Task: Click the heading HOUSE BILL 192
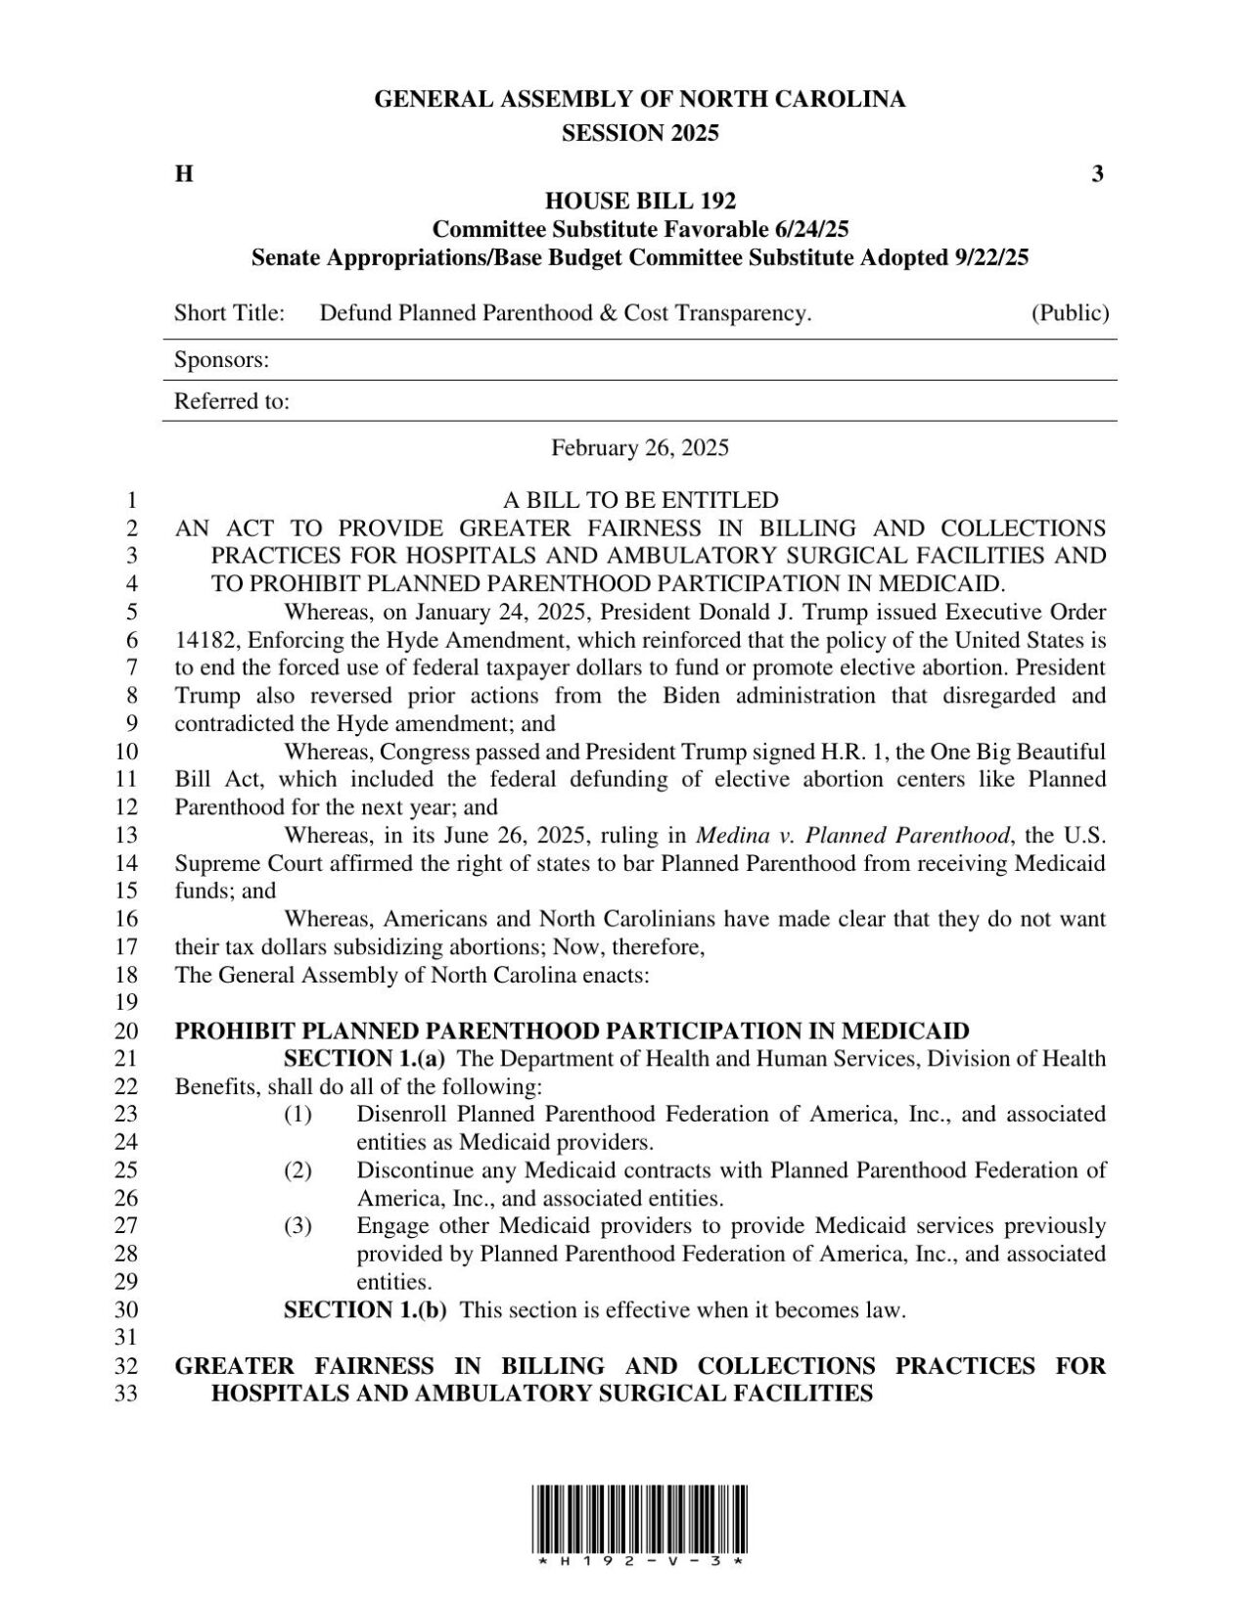click(x=640, y=202)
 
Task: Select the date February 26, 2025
click(x=640, y=448)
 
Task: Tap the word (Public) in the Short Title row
click(x=1070, y=313)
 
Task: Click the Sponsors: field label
click(x=221, y=360)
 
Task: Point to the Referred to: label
click(x=231, y=401)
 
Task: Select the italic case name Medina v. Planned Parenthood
click(x=851, y=836)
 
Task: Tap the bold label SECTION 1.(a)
click(x=364, y=1059)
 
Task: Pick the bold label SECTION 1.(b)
click(x=364, y=1310)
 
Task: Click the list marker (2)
click(x=298, y=1170)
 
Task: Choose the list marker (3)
click(x=298, y=1226)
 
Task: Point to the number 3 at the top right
click(x=1097, y=175)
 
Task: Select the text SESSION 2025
click(x=640, y=134)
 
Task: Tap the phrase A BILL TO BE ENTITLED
click(x=640, y=500)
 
